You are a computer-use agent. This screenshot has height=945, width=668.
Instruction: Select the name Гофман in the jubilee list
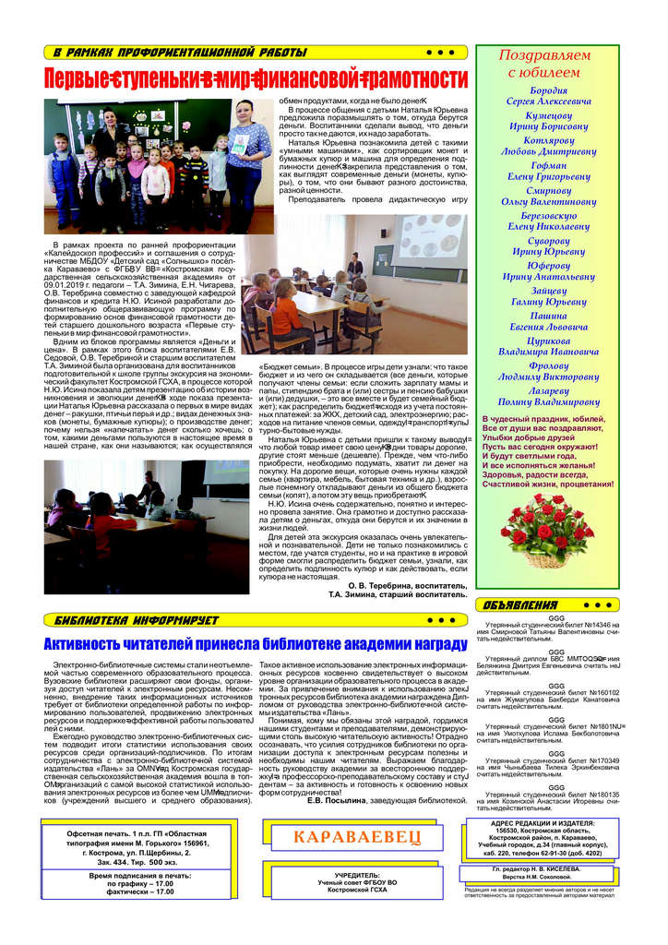pos(549,165)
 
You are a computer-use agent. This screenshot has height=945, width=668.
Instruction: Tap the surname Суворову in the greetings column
pos(549,240)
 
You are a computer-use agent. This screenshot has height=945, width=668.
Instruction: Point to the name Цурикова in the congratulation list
pos(549,340)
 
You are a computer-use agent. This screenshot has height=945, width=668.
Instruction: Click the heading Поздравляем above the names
pos(544,55)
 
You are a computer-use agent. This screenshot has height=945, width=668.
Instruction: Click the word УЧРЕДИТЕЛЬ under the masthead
pos(356,874)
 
